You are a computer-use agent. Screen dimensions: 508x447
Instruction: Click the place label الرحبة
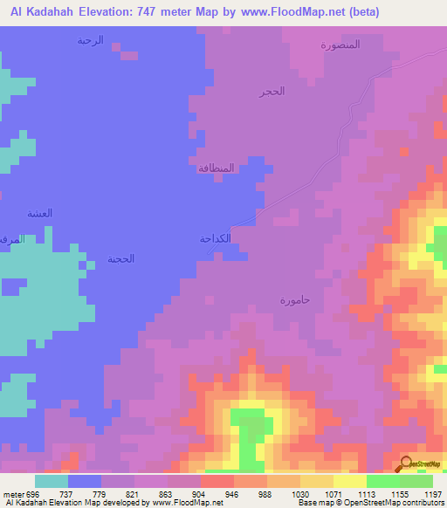(x=90, y=40)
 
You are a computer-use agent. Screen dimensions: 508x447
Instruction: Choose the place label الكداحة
(x=215, y=238)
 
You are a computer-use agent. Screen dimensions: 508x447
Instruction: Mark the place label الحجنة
(x=121, y=259)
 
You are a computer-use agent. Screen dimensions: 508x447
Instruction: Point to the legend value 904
(x=201, y=492)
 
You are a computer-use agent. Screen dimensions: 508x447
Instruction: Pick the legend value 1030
(x=299, y=492)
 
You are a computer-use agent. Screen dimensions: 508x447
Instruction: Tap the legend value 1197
(x=432, y=492)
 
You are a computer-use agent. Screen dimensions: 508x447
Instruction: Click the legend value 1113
(x=366, y=492)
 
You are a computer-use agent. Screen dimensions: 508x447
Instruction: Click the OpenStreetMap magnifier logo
(x=406, y=463)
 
